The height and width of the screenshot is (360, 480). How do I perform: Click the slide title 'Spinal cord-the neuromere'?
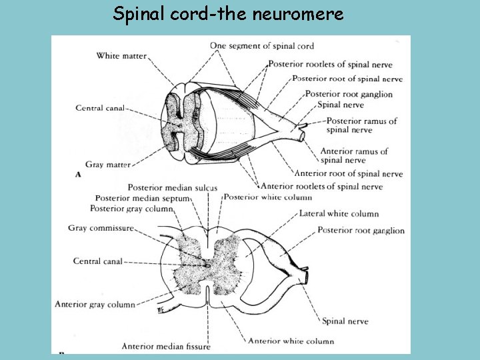tap(228, 14)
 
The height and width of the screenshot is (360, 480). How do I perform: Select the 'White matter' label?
tap(121, 56)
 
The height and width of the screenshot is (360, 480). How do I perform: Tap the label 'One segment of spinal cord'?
tap(261, 46)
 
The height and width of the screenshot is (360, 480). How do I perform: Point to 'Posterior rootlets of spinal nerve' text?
tap(330, 65)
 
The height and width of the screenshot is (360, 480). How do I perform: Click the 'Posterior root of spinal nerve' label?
tap(347, 79)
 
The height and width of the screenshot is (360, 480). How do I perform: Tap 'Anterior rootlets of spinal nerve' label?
tap(322, 186)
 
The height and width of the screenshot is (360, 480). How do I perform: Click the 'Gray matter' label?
tap(107, 164)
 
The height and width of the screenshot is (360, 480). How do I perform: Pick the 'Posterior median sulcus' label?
tap(172, 188)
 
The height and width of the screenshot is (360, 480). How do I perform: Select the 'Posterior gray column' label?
tap(131, 208)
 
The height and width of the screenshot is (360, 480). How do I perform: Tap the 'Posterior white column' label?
tap(267, 197)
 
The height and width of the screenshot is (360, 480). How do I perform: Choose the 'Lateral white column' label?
tap(339, 213)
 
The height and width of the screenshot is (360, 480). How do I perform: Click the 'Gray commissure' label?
tap(101, 228)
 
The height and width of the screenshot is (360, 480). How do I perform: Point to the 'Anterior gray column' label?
tap(95, 304)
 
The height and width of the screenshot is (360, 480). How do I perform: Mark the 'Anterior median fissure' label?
tap(165, 346)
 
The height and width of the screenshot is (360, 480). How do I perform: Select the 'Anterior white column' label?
tap(291, 341)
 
